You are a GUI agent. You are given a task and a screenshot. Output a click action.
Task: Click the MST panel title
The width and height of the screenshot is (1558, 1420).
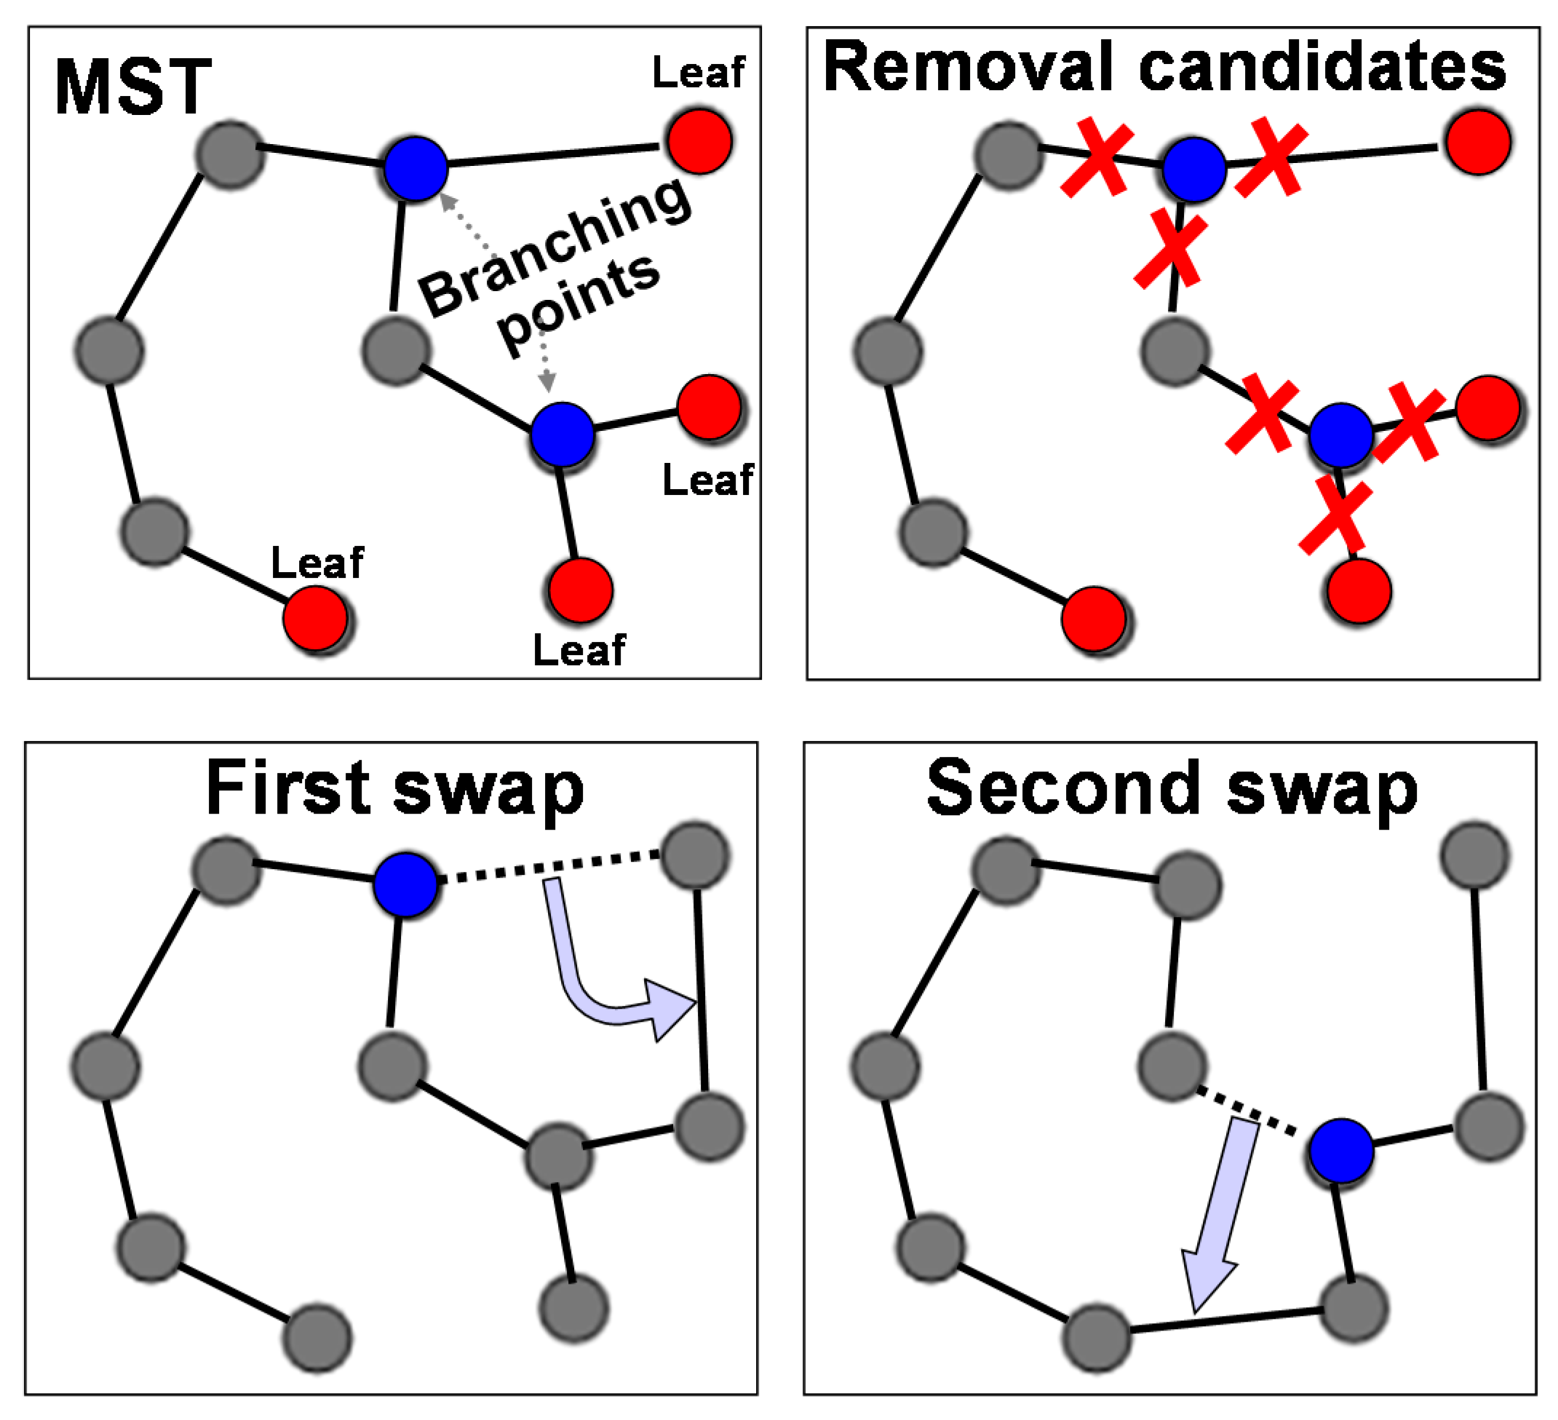[x=133, y=87]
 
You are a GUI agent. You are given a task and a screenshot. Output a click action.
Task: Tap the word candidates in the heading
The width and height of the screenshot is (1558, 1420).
[x=1322, y=66]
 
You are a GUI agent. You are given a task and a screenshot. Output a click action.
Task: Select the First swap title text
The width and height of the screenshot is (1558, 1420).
[x=395, y=789]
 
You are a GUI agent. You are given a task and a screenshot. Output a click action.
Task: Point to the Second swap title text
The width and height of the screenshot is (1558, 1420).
[x=1172, y=789]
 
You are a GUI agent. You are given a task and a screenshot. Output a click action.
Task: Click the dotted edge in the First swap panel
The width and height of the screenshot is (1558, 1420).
[x=549, y=867]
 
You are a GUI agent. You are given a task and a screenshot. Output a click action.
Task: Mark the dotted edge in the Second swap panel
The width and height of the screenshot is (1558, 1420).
[x=1246, y=1112]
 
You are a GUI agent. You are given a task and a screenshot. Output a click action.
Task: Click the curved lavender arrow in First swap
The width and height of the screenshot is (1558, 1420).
[x=587, y=998]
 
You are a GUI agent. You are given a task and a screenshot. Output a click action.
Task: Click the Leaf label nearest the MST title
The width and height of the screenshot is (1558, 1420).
[x=699, y=73]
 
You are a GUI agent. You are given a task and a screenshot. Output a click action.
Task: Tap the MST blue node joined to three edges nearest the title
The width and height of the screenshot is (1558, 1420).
[x=416, y=170]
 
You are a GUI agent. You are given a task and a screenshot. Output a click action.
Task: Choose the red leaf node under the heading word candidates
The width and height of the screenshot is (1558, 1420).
[x=1478, y=141]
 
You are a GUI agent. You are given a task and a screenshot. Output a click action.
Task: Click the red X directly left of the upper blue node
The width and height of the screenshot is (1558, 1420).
[x=1097, y=158]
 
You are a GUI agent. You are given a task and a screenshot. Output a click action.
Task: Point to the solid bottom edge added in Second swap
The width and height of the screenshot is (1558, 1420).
[x=1227, y=1320]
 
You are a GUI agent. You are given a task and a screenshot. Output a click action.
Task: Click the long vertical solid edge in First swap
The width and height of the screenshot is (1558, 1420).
[x=701, y=992]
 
